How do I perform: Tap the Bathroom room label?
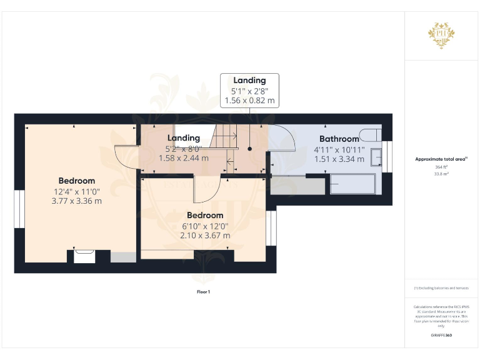(339, 139)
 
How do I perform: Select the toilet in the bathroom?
(371, 135)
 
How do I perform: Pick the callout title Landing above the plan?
(249, 81)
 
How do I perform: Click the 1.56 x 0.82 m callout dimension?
(249, 100)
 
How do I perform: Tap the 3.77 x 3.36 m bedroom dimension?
(77, 201)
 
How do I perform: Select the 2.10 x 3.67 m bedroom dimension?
(206, 236)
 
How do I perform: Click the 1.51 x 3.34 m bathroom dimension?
(339, 159)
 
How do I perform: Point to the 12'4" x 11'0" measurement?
(77, 191)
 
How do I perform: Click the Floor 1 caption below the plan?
(203, 292)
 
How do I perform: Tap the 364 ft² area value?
(441, 167)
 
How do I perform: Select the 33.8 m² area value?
(441, 174)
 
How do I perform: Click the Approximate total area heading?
(441, 159)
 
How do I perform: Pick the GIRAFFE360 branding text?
(441, 336)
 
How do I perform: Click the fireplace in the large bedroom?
(84, 256)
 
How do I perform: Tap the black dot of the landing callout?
(249, 149)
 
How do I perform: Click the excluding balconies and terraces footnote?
(441, 288)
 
